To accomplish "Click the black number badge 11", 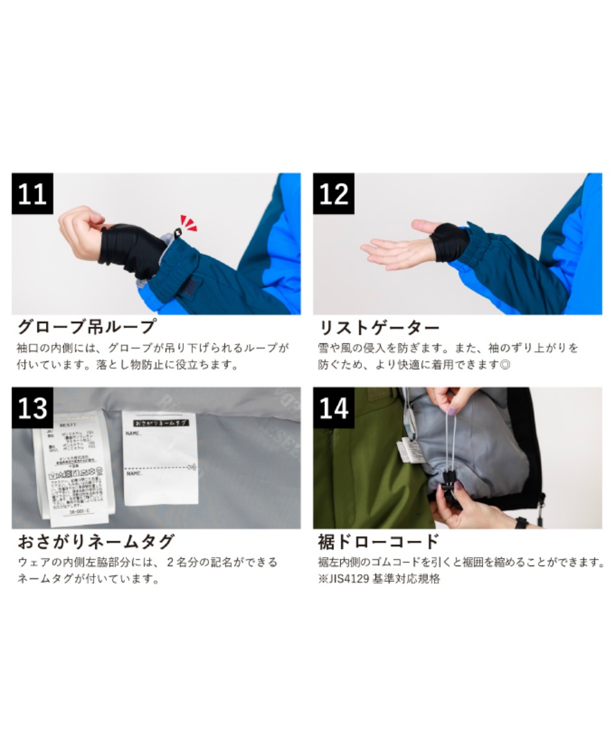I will click(32, 193).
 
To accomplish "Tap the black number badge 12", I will click(333, 193).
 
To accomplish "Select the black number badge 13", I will click(32, 408).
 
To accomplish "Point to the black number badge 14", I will click(333, 408).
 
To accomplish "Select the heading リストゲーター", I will click(379, 326).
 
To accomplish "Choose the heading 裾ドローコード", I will click(379, 541).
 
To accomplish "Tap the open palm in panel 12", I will click(395, 249).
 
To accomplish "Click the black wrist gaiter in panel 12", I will click(450, 242).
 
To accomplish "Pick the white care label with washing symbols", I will click(74, 469).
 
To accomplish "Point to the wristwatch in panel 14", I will click(521, 522).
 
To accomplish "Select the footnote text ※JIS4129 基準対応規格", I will click(379, 579).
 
